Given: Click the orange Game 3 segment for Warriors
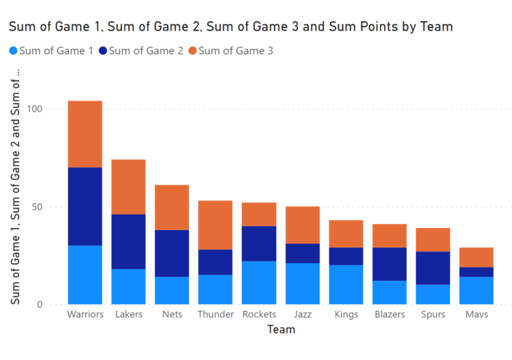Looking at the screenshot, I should pyautogui.click(x=85, y=134).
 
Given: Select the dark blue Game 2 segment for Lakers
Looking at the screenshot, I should pyautogui.click(x=128, y=241).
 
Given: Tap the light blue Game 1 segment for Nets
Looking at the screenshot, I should pyautogui.click(x=172, y=290).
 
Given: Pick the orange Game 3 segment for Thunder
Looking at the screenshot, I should pyautogui.click(x=215, y=225).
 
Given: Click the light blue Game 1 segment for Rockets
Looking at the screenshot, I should pyautogui.click(x=259, y=282).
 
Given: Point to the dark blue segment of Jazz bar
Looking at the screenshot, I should pyautogui.click(x=303, y=253).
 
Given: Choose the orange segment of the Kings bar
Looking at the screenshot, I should pyautogui.click(x=346, y=233).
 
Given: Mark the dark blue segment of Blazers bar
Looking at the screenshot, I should pyautogui.click(x=389, y=264).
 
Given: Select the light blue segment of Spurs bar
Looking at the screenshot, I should pyautogui.click(x=433, y=294).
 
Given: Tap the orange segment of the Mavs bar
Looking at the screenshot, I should pyautogui.click(x=477, y=257).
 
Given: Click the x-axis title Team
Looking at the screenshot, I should pyautogui.click(x=281, y=329).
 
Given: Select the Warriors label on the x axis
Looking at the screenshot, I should pyautogui.click(x=85, y=314).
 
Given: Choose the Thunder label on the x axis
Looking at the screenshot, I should pyautogui.click(x=215, y=314).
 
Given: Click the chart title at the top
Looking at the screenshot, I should pyautogui.click(x=231, y=27).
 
